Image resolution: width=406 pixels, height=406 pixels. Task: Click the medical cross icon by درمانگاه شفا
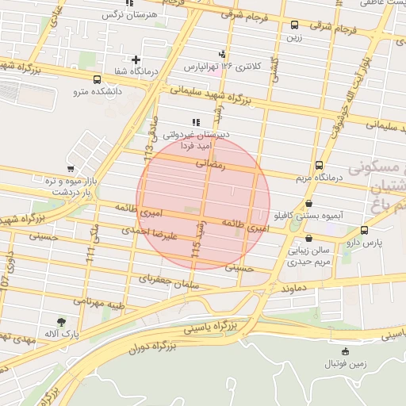coord(136,59)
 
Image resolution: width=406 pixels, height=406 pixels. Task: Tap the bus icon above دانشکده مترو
coord(97,79)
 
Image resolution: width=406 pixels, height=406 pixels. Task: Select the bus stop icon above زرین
coord(295,25)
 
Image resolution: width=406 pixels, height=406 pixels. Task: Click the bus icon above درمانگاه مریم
coord(319,166)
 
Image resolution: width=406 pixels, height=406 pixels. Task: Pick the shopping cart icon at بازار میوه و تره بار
coord(71,168)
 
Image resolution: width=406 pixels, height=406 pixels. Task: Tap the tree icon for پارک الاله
coord(61,321)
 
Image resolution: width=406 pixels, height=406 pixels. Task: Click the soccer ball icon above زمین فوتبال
coord(344,351)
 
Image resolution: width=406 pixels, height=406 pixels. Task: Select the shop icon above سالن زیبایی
coord(308,239)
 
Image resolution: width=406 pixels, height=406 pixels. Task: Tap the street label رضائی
coord(212,164)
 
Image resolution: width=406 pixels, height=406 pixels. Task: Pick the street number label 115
coord(197,253)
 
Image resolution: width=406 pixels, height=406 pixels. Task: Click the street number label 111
coord(90,254)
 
